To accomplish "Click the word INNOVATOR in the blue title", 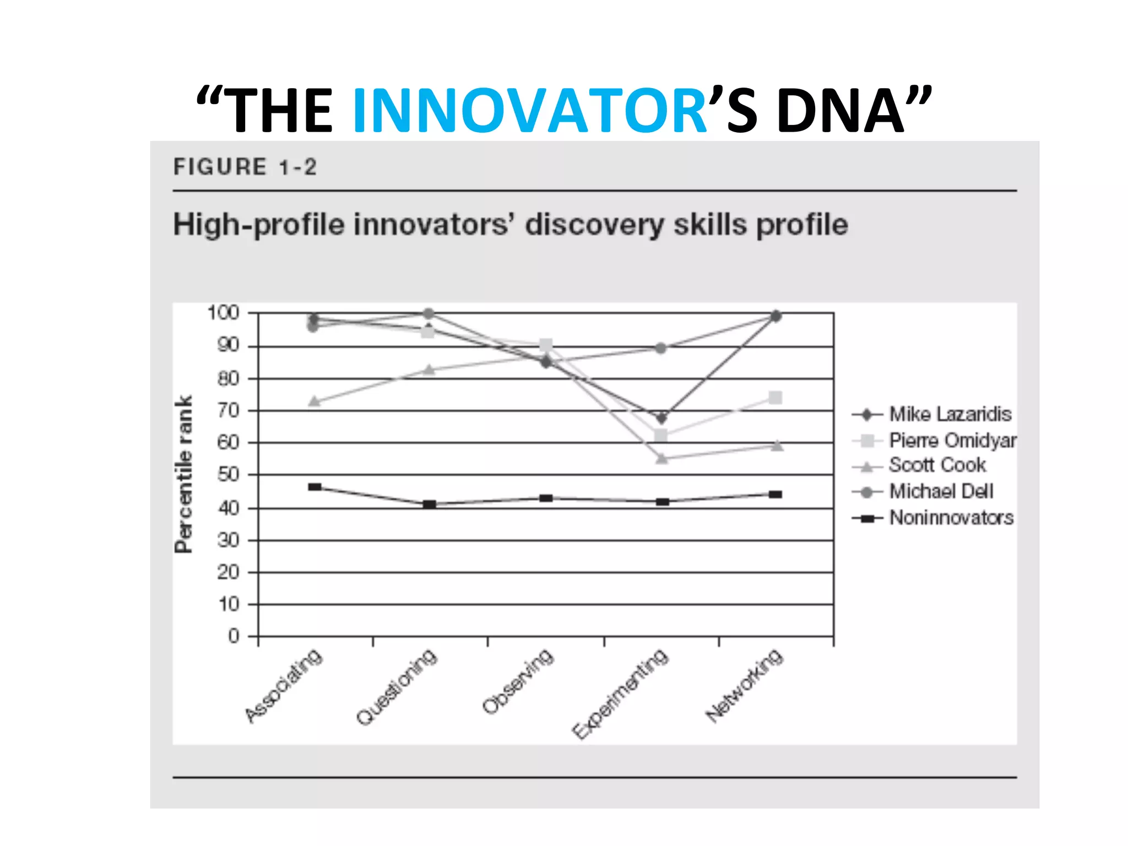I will click(529, 111).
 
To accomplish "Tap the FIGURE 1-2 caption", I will click(245, 167).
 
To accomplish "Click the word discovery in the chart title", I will click(595, 225).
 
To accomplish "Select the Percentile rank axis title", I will click(183, 474).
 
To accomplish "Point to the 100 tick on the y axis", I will click(223, 313).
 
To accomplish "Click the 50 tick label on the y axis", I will click(228, 474).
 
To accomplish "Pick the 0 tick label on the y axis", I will click(234, 636).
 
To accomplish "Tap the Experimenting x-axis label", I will click(620, 694).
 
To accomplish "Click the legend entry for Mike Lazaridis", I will click(950, 414).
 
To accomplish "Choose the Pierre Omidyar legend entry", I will click(952, 440).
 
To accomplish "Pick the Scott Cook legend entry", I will click(937, 465).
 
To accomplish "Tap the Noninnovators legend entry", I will click(951, 518).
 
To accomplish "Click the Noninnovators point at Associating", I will click(314, 487).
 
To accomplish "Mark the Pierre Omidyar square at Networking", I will click(775, 397).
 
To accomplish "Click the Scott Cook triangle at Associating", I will click(314, 401).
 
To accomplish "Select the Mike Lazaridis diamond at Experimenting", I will click(661, 417).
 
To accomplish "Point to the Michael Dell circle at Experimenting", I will click(661, 348).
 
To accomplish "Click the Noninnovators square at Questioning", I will click(430, 504).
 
